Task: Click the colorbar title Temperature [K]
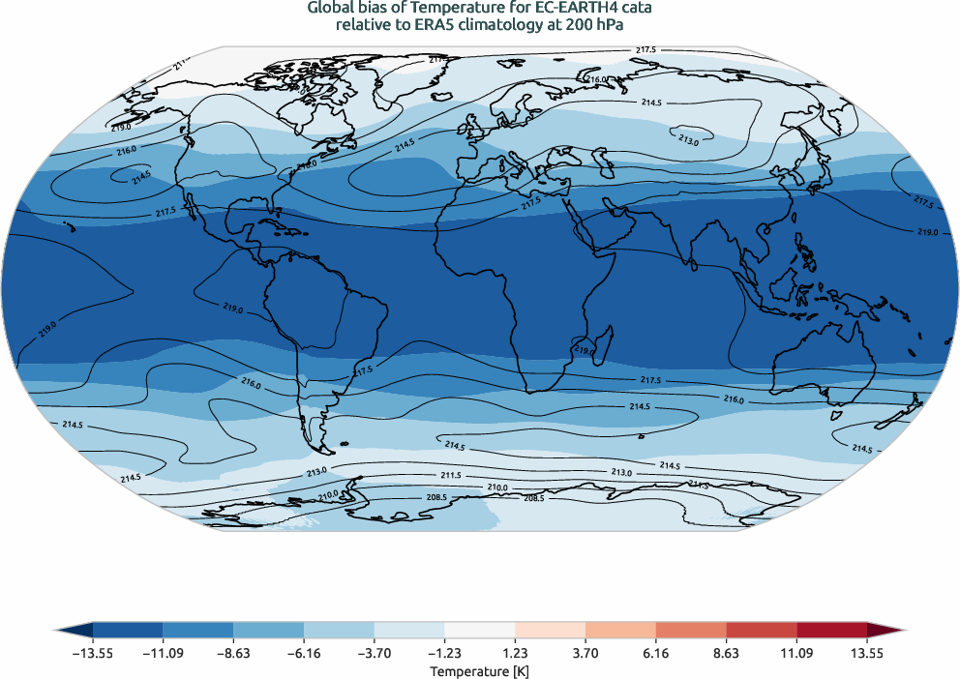(x=480, y=670)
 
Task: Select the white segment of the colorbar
(x=480, y=630)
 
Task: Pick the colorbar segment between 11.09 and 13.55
(x=831, y=630)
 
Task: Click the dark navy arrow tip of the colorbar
(x=63, y=630)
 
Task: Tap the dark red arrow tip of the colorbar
(x=896, y=630)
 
